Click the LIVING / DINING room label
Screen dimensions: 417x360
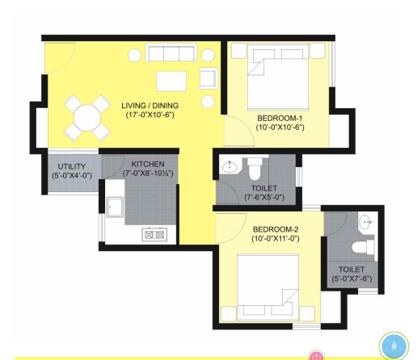[150, 106]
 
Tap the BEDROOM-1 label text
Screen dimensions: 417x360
[280, 118]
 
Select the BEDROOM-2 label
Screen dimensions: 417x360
[276, 229]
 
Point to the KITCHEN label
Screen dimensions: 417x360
[148, 164]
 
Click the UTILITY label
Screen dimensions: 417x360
[72, 166]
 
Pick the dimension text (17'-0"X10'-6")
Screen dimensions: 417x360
[150, 115]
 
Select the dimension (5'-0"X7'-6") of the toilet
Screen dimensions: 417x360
[352, 278]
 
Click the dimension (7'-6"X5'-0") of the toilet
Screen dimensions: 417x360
[264, 198]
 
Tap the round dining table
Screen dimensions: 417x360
[87, 118]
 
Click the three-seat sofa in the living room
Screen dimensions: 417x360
[171, 52]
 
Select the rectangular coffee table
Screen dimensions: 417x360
[171, 82]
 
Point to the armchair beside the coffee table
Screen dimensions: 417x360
[208, 78]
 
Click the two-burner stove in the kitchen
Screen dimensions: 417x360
[154, 235]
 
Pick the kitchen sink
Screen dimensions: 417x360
[115, 207]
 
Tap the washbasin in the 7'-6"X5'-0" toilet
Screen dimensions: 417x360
[230, 167]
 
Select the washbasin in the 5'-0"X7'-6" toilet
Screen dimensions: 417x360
[365, 222]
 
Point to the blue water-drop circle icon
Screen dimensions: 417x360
[394, 346]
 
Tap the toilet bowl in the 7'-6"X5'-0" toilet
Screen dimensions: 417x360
[254, 169]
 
